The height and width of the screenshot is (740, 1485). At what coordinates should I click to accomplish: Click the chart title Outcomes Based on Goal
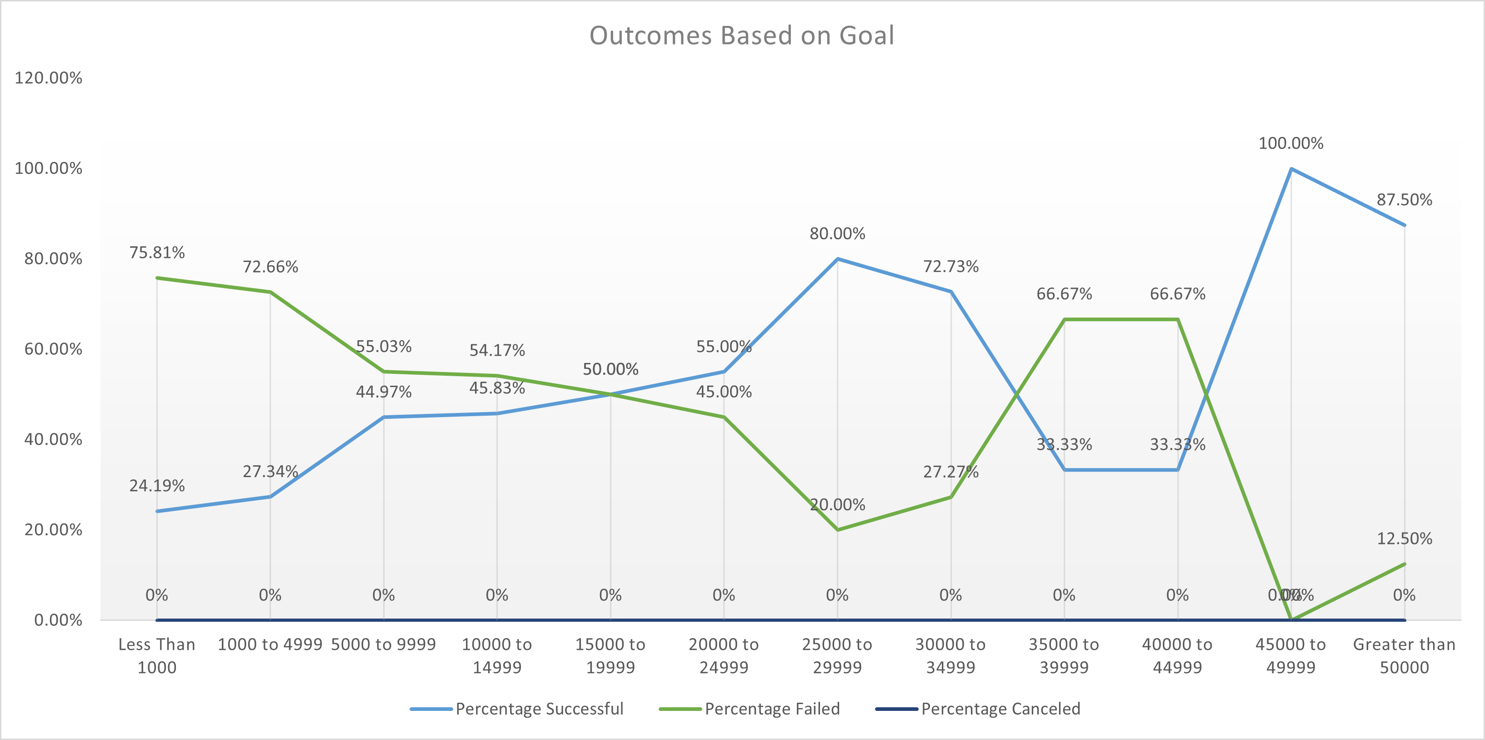click(x=741, y=36)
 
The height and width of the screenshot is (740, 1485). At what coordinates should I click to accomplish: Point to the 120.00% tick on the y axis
click(x=49, y=78)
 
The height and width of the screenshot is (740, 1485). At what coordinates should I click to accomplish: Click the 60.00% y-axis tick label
click(x=53, y=349)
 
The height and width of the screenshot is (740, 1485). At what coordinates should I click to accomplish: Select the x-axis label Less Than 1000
click(x=157, y=656)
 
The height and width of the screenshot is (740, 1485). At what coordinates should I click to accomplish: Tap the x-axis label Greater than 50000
click(x=1404, y=656)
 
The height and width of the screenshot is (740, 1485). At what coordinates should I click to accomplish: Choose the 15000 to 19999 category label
click(x=610, y=656)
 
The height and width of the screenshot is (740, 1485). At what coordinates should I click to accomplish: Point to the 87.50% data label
click(x=1404, y=200)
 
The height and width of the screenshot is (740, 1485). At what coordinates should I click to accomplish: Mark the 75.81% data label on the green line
click(x=157, y=252)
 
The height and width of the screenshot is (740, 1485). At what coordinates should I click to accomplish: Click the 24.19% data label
click(x=157, y=486)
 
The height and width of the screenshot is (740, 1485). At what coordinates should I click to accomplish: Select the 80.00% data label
click(x=837, y=234)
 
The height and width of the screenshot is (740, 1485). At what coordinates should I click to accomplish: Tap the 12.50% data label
click(x=1404, y=539)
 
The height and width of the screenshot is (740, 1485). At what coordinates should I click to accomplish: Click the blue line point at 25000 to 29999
click(x=837, y=259)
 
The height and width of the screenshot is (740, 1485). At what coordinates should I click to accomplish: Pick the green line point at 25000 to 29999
click(x=837, y=529)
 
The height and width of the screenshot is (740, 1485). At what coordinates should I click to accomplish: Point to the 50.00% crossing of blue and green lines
click(x=610, y=394)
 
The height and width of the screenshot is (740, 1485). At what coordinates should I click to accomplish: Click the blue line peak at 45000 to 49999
click(x=1291, y=169)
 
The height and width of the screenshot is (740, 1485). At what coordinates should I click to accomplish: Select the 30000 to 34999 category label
click(x=950, y=656)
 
